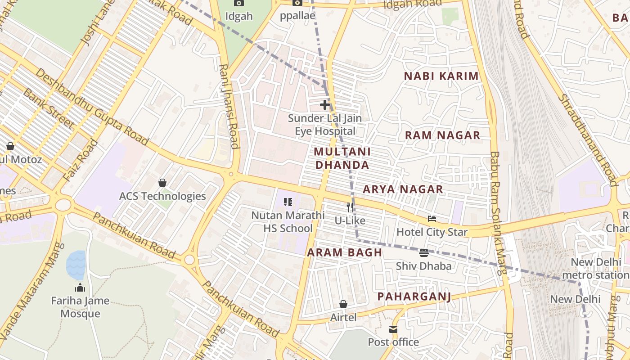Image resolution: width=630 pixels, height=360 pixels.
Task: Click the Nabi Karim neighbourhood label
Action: tap(441, 76)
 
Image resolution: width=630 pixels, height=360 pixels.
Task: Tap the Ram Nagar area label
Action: tap(442, 135)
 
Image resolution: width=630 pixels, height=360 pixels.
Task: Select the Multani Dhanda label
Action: tap(342, 158)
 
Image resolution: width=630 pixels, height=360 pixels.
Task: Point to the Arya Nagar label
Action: tap(403, 189)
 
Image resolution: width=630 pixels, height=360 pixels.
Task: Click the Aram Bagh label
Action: tap(345, 253)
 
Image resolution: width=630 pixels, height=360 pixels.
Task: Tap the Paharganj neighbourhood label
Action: tap(414, 297)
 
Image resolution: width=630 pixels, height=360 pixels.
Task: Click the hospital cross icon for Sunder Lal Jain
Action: tap(324, 105)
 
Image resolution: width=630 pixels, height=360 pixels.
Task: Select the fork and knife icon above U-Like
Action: tap(350, 207)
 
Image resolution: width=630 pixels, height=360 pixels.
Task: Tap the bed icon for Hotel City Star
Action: tap(432, 219)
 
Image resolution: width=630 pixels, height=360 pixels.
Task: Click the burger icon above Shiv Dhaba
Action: tap(423, 253)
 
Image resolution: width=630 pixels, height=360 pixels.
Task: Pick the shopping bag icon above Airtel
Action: tap(343, 305)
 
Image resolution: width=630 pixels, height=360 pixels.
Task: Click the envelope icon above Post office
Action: tap(394, 329)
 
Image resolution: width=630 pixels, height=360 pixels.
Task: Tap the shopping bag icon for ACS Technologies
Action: tap(162, 183)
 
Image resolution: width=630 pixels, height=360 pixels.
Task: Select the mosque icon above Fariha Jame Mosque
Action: tap(80, 288)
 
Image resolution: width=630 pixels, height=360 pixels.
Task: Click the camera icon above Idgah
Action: tap(239, 3)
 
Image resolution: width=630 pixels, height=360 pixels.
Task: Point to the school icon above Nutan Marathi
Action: tap(288, 202)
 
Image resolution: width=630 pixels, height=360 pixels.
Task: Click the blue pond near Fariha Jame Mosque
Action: tap(76, 265)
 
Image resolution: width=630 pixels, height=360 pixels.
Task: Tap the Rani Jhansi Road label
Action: tap(229, 106)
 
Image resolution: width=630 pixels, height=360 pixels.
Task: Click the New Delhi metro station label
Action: tap(598, 268)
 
